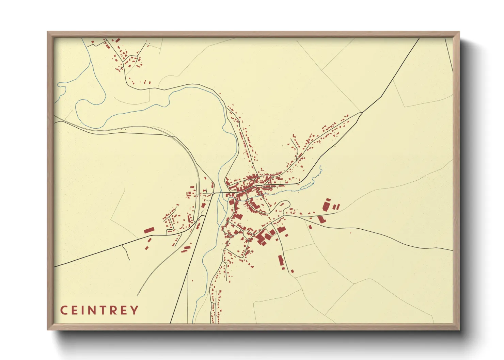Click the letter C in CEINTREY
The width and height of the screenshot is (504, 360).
[64, 310]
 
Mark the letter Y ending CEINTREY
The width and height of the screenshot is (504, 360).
[135, 310]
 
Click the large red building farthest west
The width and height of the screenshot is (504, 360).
[149, 230]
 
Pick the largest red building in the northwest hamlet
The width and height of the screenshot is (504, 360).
[117, 40]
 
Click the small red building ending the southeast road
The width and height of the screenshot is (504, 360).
[292, 271]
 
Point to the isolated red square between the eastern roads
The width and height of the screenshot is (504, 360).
[310, 227]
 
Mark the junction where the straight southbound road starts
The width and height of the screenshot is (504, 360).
[213, 194]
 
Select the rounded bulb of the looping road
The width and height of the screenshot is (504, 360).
[285, 204]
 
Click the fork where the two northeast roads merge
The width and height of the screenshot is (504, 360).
[362, 112]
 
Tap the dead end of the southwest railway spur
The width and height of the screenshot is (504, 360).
[137, 296]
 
